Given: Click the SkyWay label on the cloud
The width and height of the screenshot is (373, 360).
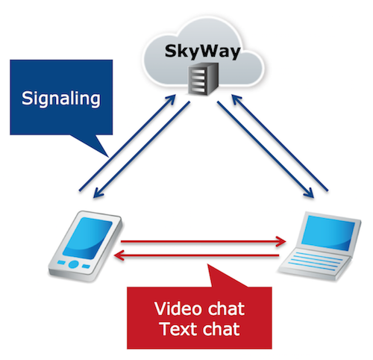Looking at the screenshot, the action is [202, 52].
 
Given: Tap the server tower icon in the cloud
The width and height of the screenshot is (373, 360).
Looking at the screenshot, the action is [204, 79].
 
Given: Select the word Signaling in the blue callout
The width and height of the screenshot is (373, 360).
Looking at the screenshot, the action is [61, 99].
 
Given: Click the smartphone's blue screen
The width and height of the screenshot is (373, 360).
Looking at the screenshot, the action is [87, 238].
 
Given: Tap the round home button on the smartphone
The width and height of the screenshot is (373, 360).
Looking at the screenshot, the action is [74, 264].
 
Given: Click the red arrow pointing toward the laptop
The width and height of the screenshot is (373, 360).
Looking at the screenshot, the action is [203, 241].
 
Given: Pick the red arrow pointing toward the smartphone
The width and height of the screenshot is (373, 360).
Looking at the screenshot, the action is [196, 255].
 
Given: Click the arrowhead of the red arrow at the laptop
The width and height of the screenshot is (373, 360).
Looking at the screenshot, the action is [281, 241].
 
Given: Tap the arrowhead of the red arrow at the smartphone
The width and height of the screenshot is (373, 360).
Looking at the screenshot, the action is [119, 255].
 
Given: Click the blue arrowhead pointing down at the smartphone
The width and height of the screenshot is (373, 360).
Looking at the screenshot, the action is [98, 193].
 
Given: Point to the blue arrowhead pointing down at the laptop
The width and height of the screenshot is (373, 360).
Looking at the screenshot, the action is [309, 193].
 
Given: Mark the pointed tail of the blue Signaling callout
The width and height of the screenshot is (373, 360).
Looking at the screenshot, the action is [108, 157].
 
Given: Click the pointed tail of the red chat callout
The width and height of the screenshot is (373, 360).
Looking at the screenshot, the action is [208, 265].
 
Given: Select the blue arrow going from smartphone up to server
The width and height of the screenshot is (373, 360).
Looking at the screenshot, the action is [128, 143].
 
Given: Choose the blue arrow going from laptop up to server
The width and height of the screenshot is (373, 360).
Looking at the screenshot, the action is [280, 143].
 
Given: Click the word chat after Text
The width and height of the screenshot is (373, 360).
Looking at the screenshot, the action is [221, 329].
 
